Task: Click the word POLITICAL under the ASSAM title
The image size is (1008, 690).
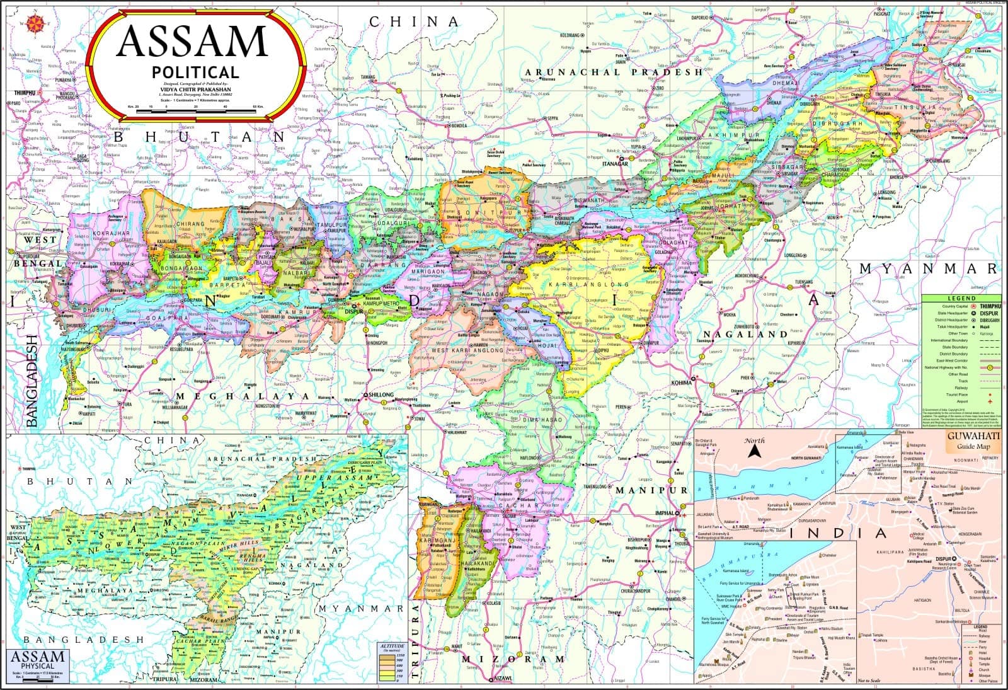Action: click(195, 72)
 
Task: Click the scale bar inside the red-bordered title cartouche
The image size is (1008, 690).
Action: click(195, 111)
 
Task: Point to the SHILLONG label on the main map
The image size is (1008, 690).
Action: click(380, 394)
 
